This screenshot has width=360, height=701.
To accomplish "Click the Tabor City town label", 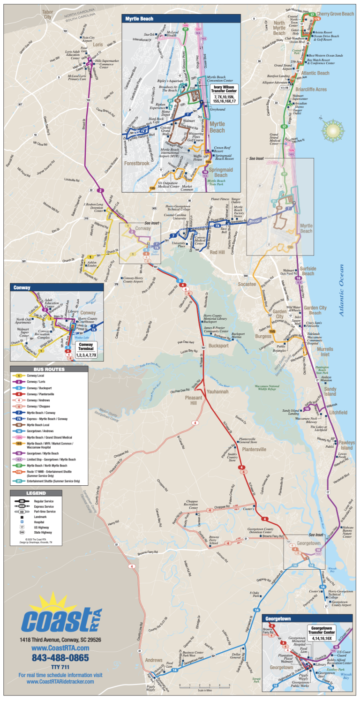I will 47,14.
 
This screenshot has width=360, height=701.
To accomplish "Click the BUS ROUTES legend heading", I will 48,369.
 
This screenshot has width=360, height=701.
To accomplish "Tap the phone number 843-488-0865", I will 60,657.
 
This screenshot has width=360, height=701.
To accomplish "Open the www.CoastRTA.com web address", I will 60,648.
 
